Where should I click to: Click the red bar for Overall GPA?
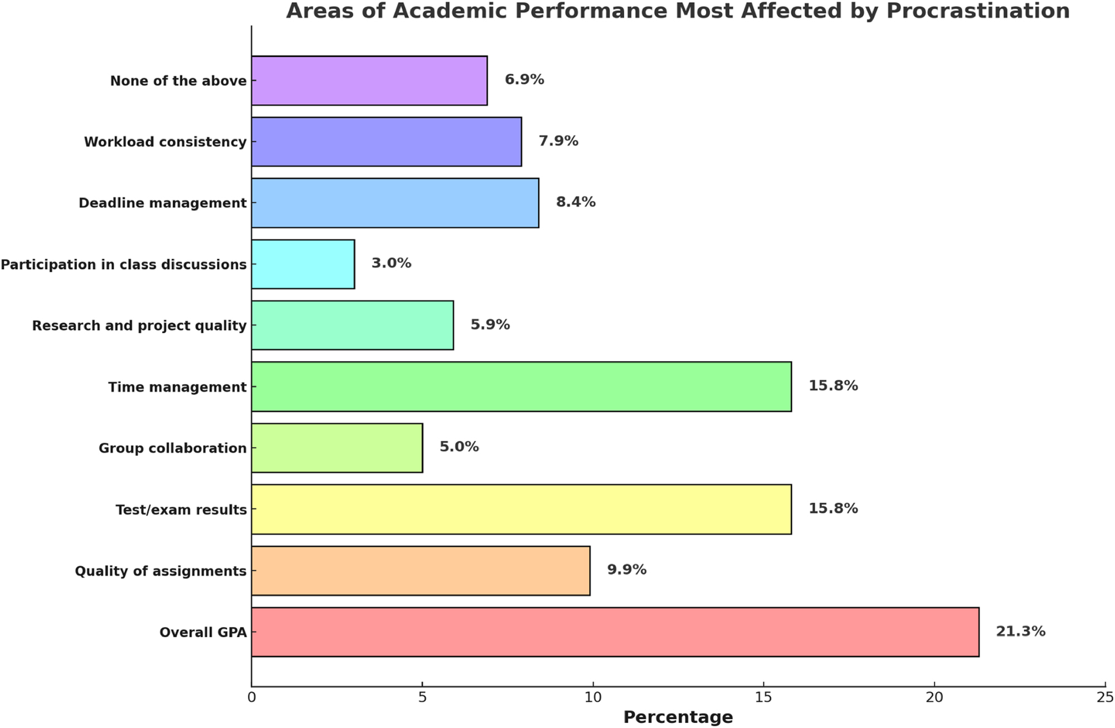tap(615, 632)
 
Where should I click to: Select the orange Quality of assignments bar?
tap(420, 570)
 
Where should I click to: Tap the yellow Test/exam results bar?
tap(521, 509)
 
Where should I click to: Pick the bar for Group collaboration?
tap(337, 448)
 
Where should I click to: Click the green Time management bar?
tap(521, 386)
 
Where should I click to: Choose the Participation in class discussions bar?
tap(303, 264)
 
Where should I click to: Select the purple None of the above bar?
tap(369, 80)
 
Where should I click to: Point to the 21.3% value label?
tap(1020, 631)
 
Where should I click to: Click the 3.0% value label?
tap(391, 263)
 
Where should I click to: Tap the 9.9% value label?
tap(626, 569)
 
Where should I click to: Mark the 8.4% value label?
tap(576, 201)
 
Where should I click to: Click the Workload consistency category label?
tap(165, 142)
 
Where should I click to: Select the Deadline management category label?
tap(162, 203)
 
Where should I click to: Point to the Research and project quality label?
tap(139, 326)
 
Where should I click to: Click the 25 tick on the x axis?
tap(1105, 697)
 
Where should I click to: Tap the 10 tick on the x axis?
tap(593, 697)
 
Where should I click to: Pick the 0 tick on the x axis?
tap(251, 697)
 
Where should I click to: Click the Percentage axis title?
tap(678, 717)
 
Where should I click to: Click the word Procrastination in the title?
tap(978, 11)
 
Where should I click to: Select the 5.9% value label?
tap(490, 324)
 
